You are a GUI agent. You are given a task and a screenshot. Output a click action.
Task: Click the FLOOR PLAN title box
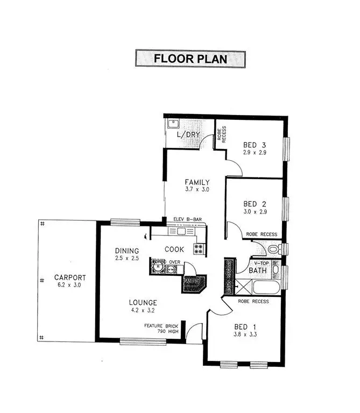[x=190, y=59]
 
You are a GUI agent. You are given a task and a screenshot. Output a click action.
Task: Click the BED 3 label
[x=255, y=145]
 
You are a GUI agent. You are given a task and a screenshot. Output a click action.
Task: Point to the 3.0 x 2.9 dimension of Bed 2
[x=255, y=212]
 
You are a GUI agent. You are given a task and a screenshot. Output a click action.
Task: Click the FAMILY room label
[x=196, y=182]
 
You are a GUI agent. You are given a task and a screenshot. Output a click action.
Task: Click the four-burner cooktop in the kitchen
[x=198, y=249]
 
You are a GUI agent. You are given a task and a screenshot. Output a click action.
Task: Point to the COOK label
[x=174, y=249]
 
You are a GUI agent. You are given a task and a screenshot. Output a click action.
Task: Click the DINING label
[x=127, y=251]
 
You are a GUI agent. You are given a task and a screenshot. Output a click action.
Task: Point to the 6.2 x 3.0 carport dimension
[x=69, y=285]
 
